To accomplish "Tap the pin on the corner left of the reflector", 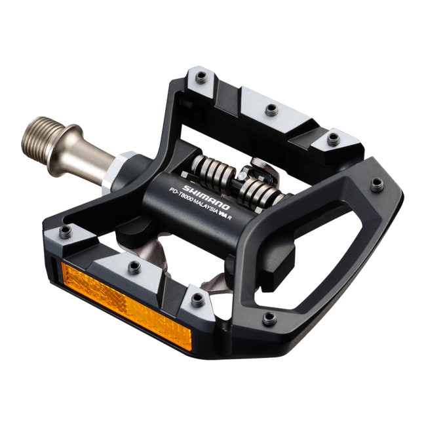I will tap(66, 231).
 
